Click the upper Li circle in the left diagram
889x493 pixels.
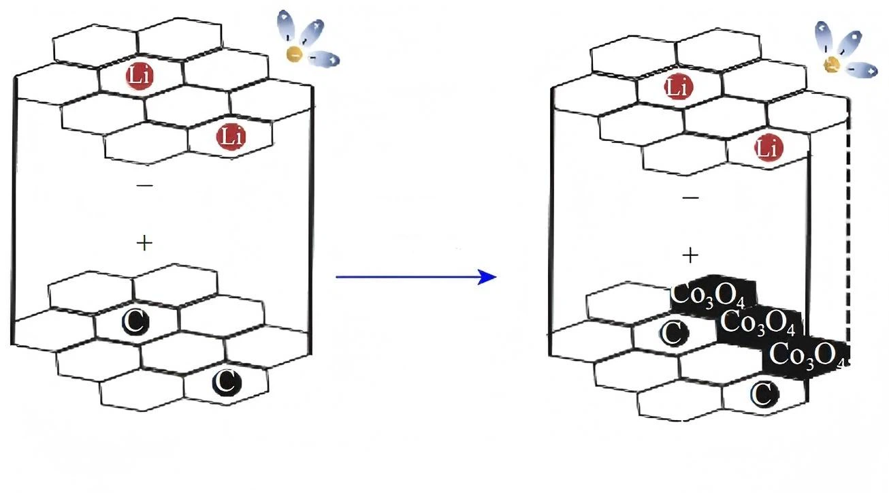[x=140, y=76]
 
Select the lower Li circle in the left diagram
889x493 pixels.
[x=231, y=137]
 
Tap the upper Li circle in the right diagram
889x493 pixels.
[x=678, y=86]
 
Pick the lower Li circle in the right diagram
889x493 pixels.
[x=769, y=148]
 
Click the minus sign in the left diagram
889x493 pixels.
[x=144, y=185]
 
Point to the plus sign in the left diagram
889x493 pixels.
[x=144, y=243]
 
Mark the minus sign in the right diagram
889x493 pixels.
[x=690, y=197]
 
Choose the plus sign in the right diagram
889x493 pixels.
[x=690, y=255]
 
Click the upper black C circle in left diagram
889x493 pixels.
[x=135, y=321]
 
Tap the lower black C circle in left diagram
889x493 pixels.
[x=227, y=382]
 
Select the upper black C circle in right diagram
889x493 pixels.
[x=674, y=332]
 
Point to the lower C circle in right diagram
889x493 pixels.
[x=765, y=394]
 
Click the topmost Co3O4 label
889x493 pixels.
[x=708, y=296]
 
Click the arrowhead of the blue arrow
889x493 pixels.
[x=487, y=276]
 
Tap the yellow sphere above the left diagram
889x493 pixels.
[x=295, y=54]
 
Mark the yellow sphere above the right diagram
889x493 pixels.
[x=832, y=64]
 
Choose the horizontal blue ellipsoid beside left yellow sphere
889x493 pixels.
[x=323, y=59]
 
